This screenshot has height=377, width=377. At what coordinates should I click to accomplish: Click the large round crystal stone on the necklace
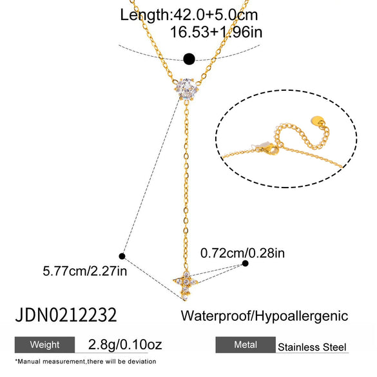coord(187,89)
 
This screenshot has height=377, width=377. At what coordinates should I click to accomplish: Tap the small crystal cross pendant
coord(186,285)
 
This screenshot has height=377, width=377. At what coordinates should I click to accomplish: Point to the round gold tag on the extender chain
coord(318,121)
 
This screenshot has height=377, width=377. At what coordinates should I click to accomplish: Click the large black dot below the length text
coord(189,59)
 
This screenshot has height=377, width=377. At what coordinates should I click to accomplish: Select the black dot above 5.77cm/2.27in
coord(122,256)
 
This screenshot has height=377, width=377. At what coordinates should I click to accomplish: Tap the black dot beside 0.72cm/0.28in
coord(245,264)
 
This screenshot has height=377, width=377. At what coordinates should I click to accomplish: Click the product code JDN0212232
coord(66,314)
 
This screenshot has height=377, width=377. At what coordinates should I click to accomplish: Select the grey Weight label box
coord(44,345)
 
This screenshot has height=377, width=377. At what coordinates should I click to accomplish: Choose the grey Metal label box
coord(246,345)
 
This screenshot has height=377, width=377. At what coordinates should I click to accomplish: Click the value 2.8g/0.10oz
coord(125,345)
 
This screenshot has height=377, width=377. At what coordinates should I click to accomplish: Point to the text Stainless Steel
coord(312,347)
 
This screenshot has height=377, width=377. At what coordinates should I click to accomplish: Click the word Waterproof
coord(215,316)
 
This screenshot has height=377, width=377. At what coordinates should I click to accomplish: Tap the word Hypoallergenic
coord(301,316)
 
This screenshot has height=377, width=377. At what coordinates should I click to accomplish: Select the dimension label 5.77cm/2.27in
coord(85,271)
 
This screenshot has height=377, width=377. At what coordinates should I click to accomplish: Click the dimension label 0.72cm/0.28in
coord(242,253)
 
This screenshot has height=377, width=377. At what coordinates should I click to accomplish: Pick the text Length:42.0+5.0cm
coord(189,15)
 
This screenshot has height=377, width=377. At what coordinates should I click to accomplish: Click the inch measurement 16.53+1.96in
coord(216,32)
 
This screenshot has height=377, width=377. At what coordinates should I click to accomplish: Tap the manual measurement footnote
coord(86,362)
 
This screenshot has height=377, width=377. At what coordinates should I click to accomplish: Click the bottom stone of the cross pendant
coord(185,298)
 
